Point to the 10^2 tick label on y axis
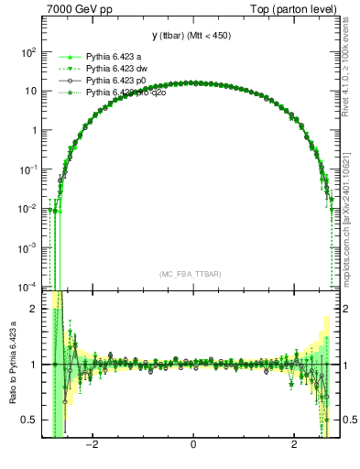(x=28, y=52)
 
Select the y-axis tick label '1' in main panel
(x=33, y=130)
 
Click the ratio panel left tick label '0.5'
(x=31, y=420)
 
